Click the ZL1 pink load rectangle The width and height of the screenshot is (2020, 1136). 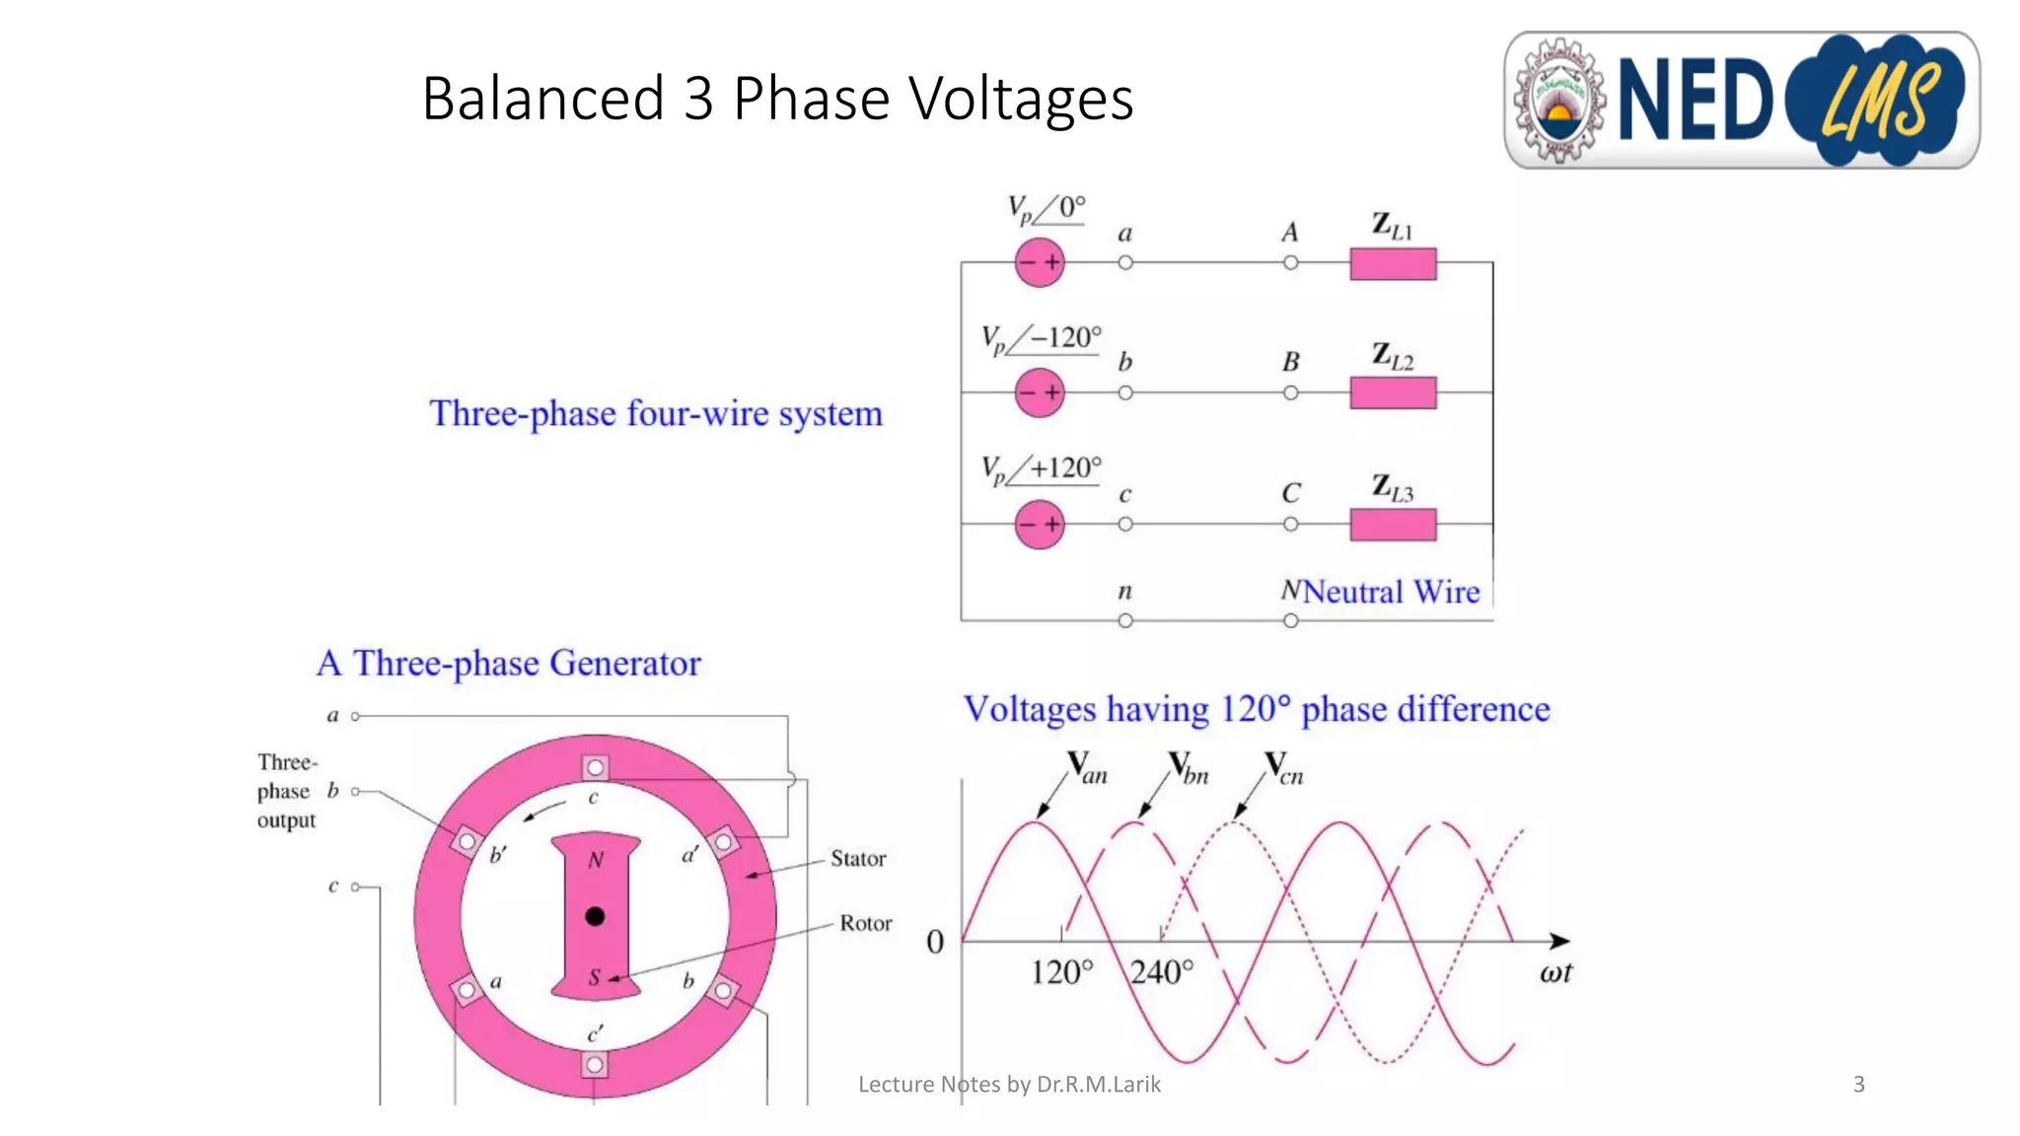[1393, 264]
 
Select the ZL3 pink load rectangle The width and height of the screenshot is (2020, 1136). [1393, 525]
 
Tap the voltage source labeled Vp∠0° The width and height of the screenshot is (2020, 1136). [1040, 262]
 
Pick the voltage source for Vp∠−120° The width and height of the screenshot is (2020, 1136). [1040, 392]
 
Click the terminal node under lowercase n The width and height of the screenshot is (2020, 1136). [1125, 621]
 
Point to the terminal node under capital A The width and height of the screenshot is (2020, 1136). [1290, 262]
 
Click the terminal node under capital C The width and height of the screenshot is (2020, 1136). [1290, 525]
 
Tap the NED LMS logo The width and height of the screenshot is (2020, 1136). [1741, 100]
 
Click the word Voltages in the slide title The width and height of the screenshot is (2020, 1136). [1020, 99]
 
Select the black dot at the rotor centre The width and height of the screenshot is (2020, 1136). [595, 916]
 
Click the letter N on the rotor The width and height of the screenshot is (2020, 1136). [596, 860]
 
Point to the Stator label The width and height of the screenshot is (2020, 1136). [858, 859]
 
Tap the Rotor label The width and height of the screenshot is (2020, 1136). [865, 923]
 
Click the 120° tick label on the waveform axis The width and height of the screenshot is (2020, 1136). [1061, 972]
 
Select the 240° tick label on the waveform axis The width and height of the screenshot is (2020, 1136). [1162, 972]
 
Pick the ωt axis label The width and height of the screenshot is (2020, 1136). [1555, 972]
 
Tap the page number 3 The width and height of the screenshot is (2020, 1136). [1858, 1085]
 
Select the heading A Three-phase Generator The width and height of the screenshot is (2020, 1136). [509, 664]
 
